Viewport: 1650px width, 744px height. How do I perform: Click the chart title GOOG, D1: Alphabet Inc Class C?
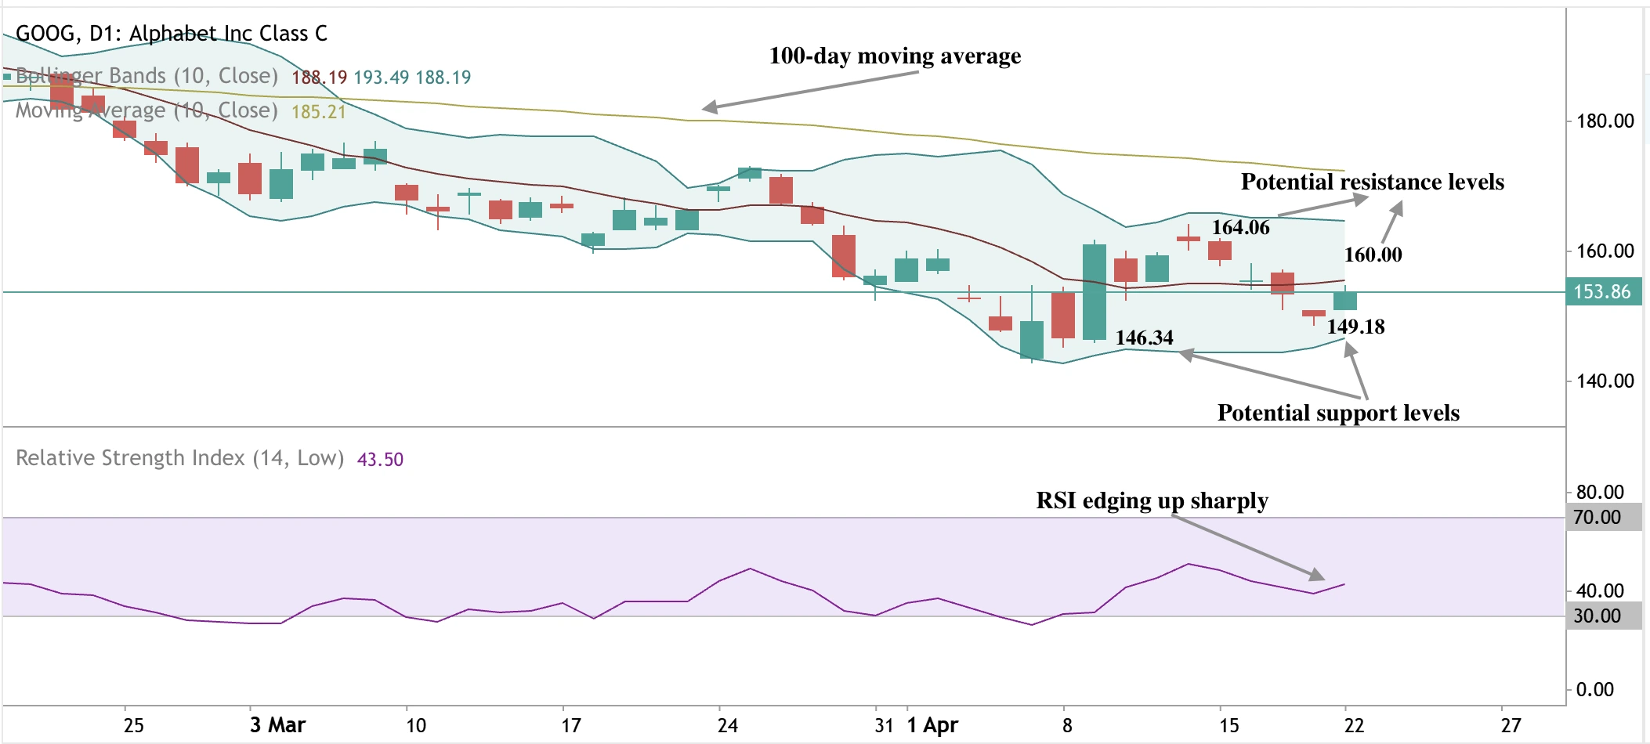coord(172,34)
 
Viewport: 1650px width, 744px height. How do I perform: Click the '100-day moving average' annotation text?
coord(895,56)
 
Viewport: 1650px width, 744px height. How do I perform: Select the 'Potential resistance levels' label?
coord(1372,182)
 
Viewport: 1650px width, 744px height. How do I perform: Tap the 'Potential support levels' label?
coord(1338,414)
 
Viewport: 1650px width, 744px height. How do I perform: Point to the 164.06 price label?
coord(1240,228)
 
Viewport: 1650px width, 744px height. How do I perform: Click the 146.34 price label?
coord(1144,338)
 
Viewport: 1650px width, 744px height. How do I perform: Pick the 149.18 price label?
coord(1355,327)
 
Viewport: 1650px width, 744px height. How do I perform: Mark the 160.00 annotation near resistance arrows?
coord(1373,255)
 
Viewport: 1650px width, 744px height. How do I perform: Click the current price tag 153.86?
coord(1602,292)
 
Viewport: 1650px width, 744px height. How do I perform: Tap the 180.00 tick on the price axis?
coord(1605,121)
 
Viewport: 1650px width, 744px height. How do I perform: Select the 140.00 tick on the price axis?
coord(1605,381)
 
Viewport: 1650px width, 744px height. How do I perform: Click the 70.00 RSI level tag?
coord(1598,518)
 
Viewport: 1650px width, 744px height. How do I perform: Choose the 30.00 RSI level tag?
coord(1598,616)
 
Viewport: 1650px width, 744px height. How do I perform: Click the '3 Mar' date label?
coord(277,725)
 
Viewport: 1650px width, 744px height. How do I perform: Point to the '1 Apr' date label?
coord(932,725)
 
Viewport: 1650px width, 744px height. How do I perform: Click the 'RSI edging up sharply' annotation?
coord(1152,501)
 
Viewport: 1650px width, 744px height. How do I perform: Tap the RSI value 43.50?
coord(380,460)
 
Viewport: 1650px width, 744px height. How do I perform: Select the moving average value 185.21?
coord(318,112)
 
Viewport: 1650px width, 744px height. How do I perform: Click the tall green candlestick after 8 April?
coord(1095,292)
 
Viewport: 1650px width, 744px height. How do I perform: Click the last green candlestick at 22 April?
coord(1345,301)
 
